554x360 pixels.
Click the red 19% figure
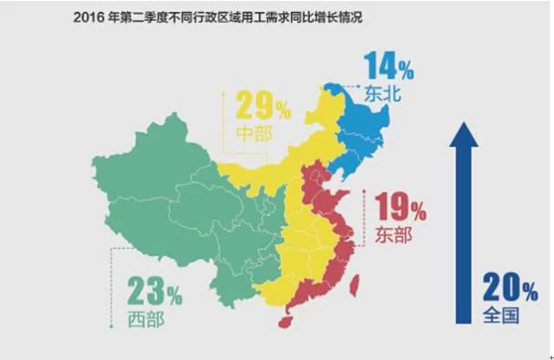401,209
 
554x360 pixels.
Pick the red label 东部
394,235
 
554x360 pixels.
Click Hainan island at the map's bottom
282,320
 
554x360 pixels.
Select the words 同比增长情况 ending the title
328,15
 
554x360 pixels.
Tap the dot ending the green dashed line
110,326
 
